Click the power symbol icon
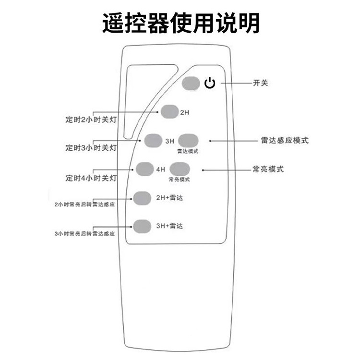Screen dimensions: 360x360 pyautogui.click(x=210, y=84)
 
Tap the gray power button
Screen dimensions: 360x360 pyautogui.click(x=191, y=84)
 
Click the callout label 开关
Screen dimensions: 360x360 pyautogui.click(x=260, y=83)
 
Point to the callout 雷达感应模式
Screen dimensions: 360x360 pyautogui.click(x=284, y=140)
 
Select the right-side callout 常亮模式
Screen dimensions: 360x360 pyautogui.click(x=268, y=169)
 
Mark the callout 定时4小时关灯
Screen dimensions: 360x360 pyautogui.click(x=91, y=178)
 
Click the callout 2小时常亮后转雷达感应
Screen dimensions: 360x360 pyautogui.click(x=84, y=204)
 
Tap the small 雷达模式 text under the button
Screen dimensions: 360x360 pyautogui.click(x=187, y=151)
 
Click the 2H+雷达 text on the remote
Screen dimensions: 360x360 pyautogui.click(x=170, y=198)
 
